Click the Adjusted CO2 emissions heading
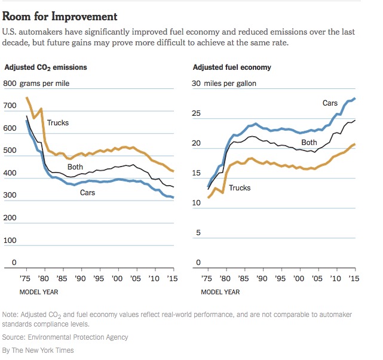click(x=45, y=67)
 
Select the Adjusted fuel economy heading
click(x=231, y=67)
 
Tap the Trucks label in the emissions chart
click(x=58, y=123)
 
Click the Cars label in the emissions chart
click(x=87, y=193)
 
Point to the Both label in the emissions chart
click(x=75, y=167)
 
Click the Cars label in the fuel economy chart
click(x=330, y=103)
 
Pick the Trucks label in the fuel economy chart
click(x=240, y=188)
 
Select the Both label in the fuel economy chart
click(x=309, y=143)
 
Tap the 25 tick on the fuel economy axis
click(x=196, y=113)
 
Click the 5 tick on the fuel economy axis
click(x=198, y=233)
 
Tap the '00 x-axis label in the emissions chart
click(x=118, y=279)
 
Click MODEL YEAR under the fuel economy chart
click(x=220, y=292)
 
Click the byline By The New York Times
click(x=38, y=350)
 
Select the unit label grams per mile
click(x=45, y=83)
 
